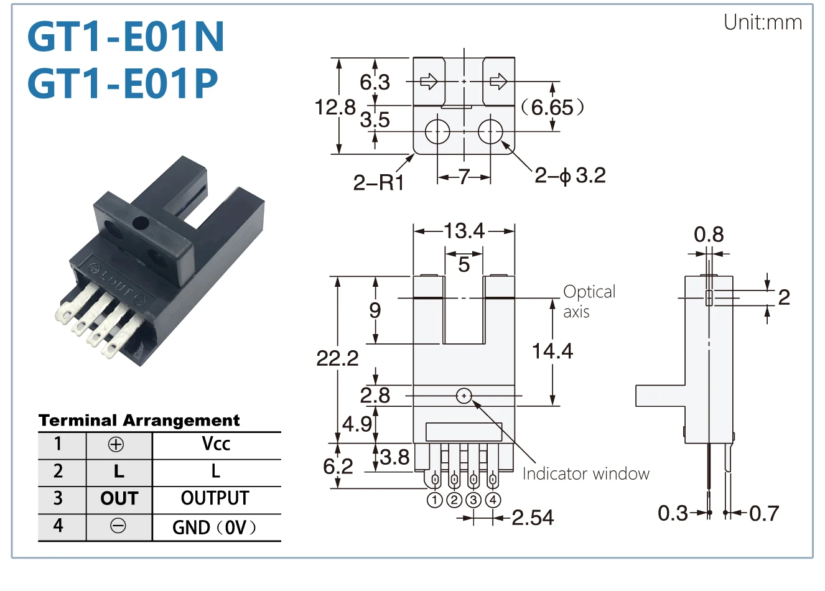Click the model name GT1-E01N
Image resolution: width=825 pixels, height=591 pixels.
click(126, 36)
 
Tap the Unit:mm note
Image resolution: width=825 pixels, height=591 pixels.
click(762, 22)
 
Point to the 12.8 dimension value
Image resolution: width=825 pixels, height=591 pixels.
click(335, 107)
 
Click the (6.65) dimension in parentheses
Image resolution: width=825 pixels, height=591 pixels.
click(552, 108)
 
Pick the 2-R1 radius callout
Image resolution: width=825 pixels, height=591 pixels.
click(379, 183)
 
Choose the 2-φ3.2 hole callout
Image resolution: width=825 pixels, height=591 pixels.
click(570, 175)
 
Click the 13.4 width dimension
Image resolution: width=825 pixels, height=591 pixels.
click(464, 231)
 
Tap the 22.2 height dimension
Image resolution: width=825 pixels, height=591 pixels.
click(337, 358)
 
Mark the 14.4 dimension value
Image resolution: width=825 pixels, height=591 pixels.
click(552, 350)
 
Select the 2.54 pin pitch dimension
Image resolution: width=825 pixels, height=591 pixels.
click(533, 518)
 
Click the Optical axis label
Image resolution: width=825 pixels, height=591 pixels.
click(589, 302)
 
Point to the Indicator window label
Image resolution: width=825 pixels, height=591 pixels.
click(586, 474)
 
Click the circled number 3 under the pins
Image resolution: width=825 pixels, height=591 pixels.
click(473, 500)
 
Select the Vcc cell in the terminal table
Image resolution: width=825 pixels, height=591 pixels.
click(216, 444)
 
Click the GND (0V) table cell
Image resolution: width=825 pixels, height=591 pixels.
click(215, 528)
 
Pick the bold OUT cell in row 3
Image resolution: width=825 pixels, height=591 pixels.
click(119, 498)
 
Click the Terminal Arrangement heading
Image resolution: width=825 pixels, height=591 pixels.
click(139, 421)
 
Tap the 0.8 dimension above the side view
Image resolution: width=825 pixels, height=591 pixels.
click(709, 234)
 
